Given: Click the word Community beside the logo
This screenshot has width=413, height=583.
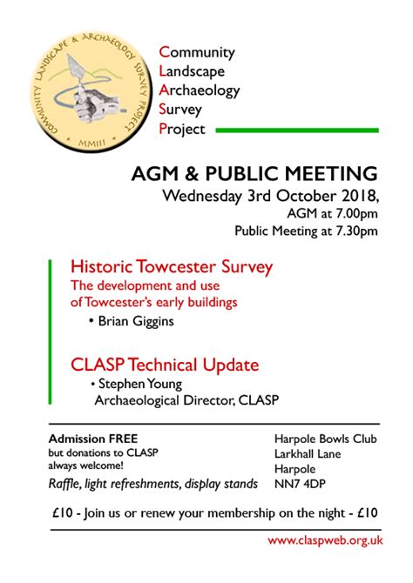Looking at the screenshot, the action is pyautogui.click(x=197, y=52).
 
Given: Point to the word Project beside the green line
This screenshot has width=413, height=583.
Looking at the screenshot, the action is pyautogui.click(x=183, y=129).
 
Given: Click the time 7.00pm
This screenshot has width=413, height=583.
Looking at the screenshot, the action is pyautogui.click(x=356, y=213).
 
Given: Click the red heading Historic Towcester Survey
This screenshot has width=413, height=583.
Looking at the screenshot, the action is pyautogui.click(x=172, y=265).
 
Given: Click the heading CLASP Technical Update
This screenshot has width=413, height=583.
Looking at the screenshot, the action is pyautogui.click(x=165, y=364).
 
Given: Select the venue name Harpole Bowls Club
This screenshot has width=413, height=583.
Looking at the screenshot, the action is pyautogui.click(x=325, y=439).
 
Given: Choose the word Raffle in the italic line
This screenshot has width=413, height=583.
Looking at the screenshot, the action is pyautogui.click(x=64, y=484).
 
